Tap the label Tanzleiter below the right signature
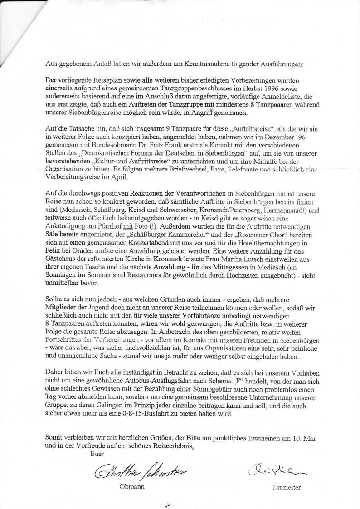click(x=286, y=488)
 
